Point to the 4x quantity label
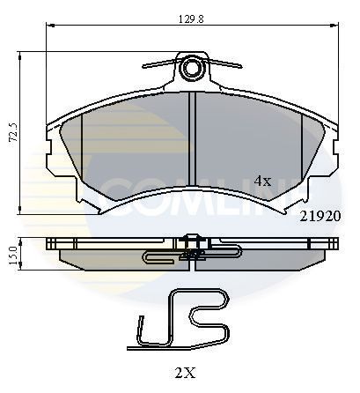262,180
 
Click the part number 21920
319,214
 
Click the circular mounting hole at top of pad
192,68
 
